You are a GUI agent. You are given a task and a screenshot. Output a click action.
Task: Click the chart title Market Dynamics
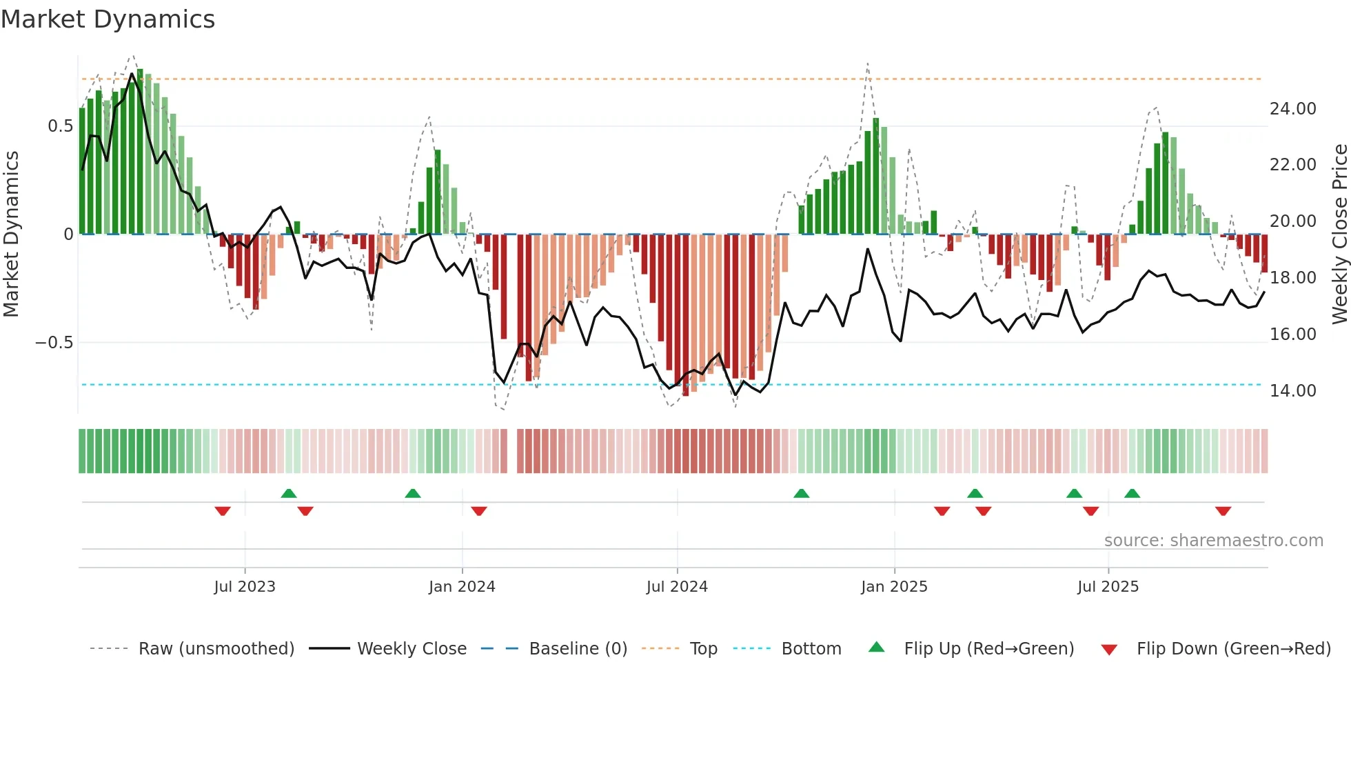pos(108,19)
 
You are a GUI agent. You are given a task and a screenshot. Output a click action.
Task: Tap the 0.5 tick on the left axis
pos(60,126)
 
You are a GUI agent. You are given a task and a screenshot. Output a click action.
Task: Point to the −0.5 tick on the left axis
pos(54,343)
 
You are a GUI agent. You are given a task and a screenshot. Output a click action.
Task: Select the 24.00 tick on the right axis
pos(1292,109)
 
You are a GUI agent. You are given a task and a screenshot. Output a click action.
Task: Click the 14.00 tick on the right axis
pos(1292,391)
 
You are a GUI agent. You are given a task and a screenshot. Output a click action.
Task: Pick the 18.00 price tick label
pos(1292,278)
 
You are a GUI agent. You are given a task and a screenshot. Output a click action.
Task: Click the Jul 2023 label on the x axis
pos(244,587)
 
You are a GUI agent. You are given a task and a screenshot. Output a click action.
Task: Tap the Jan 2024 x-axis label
pos(462,587)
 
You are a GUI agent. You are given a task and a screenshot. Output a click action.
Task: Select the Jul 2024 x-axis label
pos(677,587)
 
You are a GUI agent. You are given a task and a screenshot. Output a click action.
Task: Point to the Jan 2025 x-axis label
pos(894,587)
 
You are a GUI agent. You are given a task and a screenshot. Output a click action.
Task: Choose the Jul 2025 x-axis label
pos(1108,587)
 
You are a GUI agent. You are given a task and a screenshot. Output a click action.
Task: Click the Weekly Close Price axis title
pos(1339,234)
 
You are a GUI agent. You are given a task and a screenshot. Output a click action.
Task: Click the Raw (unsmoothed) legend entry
pos(216,649)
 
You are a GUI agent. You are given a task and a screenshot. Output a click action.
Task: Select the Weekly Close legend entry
pos(412,649)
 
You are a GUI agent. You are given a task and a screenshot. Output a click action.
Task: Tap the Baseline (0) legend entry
pos(578,649)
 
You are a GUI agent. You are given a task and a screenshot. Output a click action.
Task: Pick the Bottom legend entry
pos(811,649)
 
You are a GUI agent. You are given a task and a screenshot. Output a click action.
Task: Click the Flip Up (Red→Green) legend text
pos(988,649)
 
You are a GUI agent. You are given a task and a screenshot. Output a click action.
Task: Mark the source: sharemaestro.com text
pos(1213,541)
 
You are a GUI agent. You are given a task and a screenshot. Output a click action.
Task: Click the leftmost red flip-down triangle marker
pos(223,511)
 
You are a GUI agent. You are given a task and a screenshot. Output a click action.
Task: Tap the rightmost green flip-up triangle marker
pos(1132,493)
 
